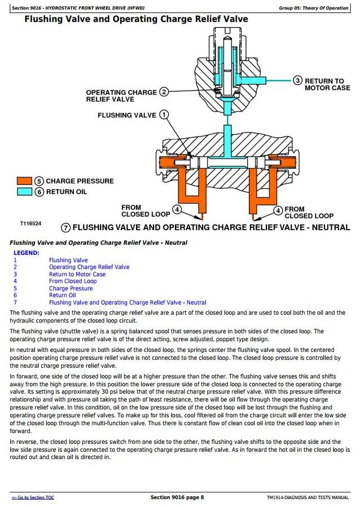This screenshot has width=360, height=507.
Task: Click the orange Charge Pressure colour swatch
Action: pyautogui.click(x=24, y=181)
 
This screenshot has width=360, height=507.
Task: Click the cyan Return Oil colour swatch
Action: pyautogui.click(x=24, y=192)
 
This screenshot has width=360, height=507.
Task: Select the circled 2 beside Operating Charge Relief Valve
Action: pyautogui.click(x=164, y=92)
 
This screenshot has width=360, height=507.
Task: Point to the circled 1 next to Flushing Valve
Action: pyautogui.click(x=164, y=115)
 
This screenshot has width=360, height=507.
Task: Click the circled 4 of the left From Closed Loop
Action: pyautogui.click(x=177, y=210)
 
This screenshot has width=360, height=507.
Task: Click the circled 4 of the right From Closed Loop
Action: pyautogui.click(x=278, y=210)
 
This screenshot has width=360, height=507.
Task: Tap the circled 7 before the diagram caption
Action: pyautogui.click(x=65, y=228)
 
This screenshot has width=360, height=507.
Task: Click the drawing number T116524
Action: pyautogui.click(x=30, y=223)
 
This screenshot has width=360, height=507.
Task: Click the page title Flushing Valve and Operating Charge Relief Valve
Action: pyautogui.click(x=136, y=19)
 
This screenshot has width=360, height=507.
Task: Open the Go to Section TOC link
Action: pyautogui.click(x=33, y=497)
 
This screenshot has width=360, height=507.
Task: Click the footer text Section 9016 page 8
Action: pyautogui.click(x=177, y=497)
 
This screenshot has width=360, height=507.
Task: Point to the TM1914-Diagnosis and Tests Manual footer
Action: pyautogui.click(x=308, y=497)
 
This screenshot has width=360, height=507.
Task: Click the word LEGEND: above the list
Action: pyautogui.click(x=27, y=253)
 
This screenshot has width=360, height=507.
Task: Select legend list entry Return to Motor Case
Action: pyautogui.click(x=77, y=275)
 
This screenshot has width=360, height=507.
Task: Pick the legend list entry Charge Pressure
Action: pyautogui.click(x=71, y=288)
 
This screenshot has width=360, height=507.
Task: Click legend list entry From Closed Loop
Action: pyautogui.click(x=73, y=281)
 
